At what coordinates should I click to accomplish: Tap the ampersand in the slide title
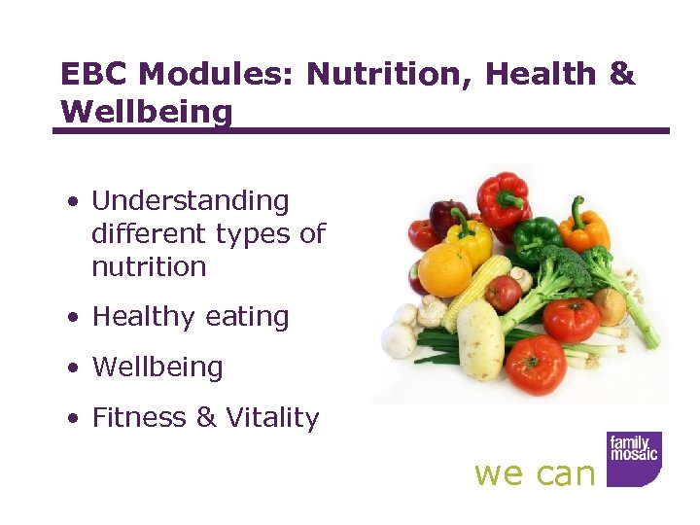pos(620,74)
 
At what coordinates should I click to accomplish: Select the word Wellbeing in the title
pos(147,112)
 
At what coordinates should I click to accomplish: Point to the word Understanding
pos(191,201)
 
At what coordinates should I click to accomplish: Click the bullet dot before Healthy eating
pos(73,318)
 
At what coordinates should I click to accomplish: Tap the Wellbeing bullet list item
pos(157,367)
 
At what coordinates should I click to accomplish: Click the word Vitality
pos(272,418)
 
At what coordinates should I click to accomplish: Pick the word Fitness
pos(140,418)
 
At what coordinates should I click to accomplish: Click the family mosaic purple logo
pos(634,458)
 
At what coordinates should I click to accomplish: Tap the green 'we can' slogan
pos(534,473)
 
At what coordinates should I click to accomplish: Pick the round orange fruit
pos(445,269)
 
